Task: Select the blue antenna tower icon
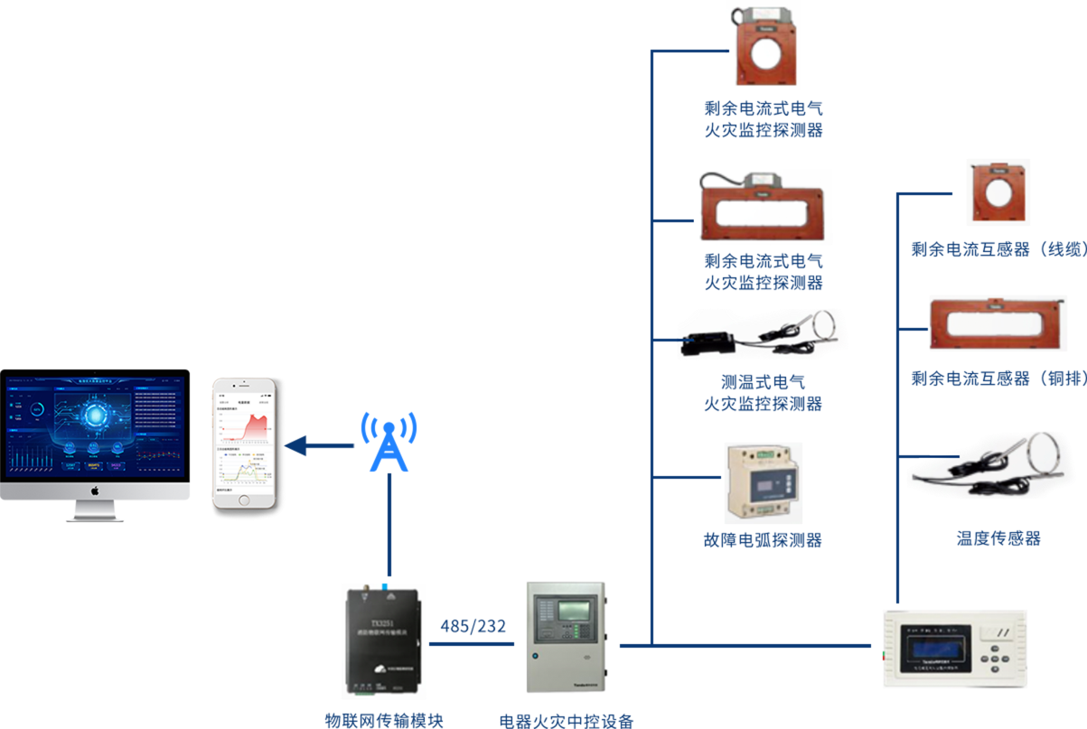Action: click(389, 443)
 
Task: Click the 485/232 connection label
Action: click(473, 625)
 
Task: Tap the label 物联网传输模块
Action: click(385, 720)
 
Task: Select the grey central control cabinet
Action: click(567, 636)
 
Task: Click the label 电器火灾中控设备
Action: click(567, 721)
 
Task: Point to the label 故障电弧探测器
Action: click(764, 540)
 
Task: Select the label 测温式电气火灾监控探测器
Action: click(764, 393)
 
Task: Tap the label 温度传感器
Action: click(998, 539)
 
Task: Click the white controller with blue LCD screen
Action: click(954, 649)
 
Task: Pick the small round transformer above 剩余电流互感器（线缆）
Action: click(998, 192)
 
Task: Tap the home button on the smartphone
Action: click(245, 500)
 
